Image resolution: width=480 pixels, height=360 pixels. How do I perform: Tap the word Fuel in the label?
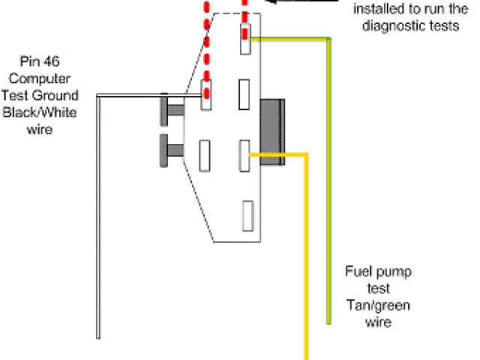tap(358, 271)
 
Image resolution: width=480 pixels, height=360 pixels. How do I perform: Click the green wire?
tap(328, 187)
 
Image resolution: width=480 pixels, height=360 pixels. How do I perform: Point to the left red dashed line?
tap(205, 45)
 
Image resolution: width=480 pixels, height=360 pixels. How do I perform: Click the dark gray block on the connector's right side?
tap(273, 130)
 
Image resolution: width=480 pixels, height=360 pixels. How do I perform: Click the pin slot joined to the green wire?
tap(244, 38)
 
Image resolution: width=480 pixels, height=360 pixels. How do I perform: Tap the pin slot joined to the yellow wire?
tap(244, 155)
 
